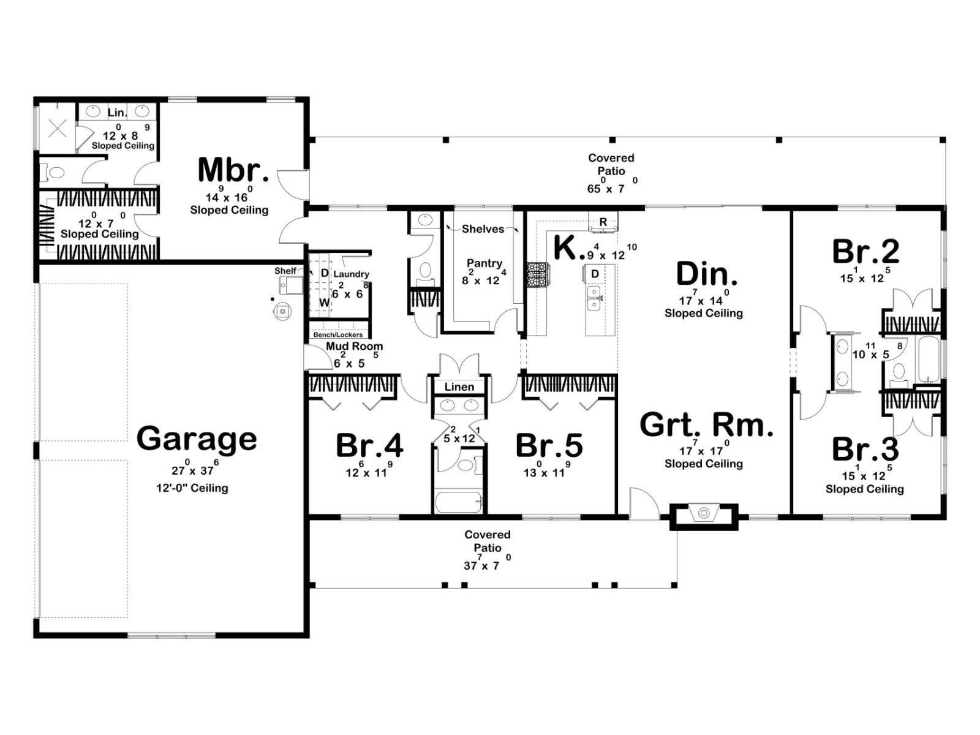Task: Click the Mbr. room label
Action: [233, 170]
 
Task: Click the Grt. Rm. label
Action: [706, 424]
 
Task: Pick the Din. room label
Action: [707, 274]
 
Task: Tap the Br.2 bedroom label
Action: [865, 252]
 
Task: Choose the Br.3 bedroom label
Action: [865, 450]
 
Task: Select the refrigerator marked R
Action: [603, 222]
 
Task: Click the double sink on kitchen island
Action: [594, 298]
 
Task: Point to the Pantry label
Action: [484, 263]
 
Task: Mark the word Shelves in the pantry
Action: [483, 229]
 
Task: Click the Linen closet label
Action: [459, 386]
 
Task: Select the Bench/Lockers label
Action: [338, 334]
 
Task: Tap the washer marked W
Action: [324, 303]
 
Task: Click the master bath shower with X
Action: [57, 129]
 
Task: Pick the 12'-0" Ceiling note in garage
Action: [192, 488]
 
